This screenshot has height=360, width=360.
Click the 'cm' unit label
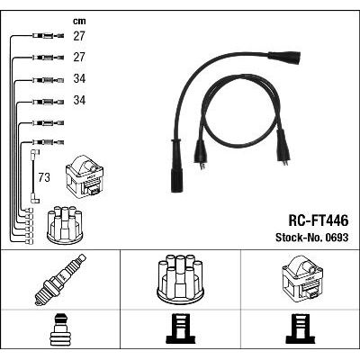click(79, 22)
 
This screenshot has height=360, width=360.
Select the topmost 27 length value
click(79, 36)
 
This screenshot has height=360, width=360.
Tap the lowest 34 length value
click(79, 100)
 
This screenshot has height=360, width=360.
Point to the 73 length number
click(44, 177)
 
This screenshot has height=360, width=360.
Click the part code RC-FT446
click(319, 221)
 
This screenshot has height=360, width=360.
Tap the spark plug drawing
click(60, 280)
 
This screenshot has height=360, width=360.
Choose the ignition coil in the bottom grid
click(302, 277)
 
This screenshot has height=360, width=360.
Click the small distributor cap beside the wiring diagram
click(65, 225)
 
